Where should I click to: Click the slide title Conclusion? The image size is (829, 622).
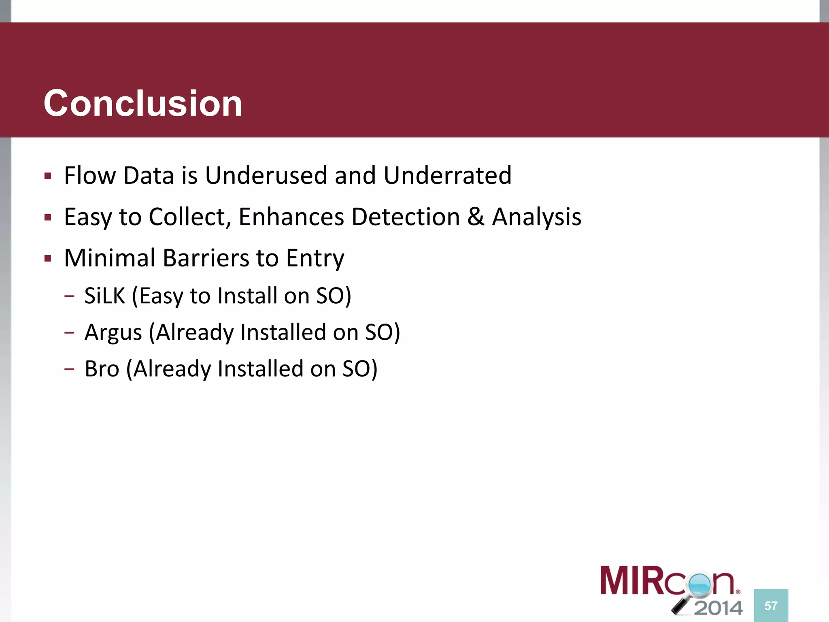(142, 104)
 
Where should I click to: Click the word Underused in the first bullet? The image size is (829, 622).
(266, 175)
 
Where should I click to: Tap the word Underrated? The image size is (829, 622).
(447, 175)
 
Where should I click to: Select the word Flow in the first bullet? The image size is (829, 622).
(90, 175)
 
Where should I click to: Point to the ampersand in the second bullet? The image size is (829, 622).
(476, 217)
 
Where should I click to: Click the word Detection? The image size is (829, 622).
(406, 217)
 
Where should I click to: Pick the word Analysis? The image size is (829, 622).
(537, 217)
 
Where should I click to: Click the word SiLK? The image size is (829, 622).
(104, 296)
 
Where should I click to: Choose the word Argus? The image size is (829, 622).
(113, 333)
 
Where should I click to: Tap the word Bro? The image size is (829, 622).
(102, 369)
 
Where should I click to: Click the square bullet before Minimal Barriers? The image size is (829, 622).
(48, 258)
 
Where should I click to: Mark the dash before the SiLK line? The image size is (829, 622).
(69, 296)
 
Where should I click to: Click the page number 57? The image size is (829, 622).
(771, 606)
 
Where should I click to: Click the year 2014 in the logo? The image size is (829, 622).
(718, 608)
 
